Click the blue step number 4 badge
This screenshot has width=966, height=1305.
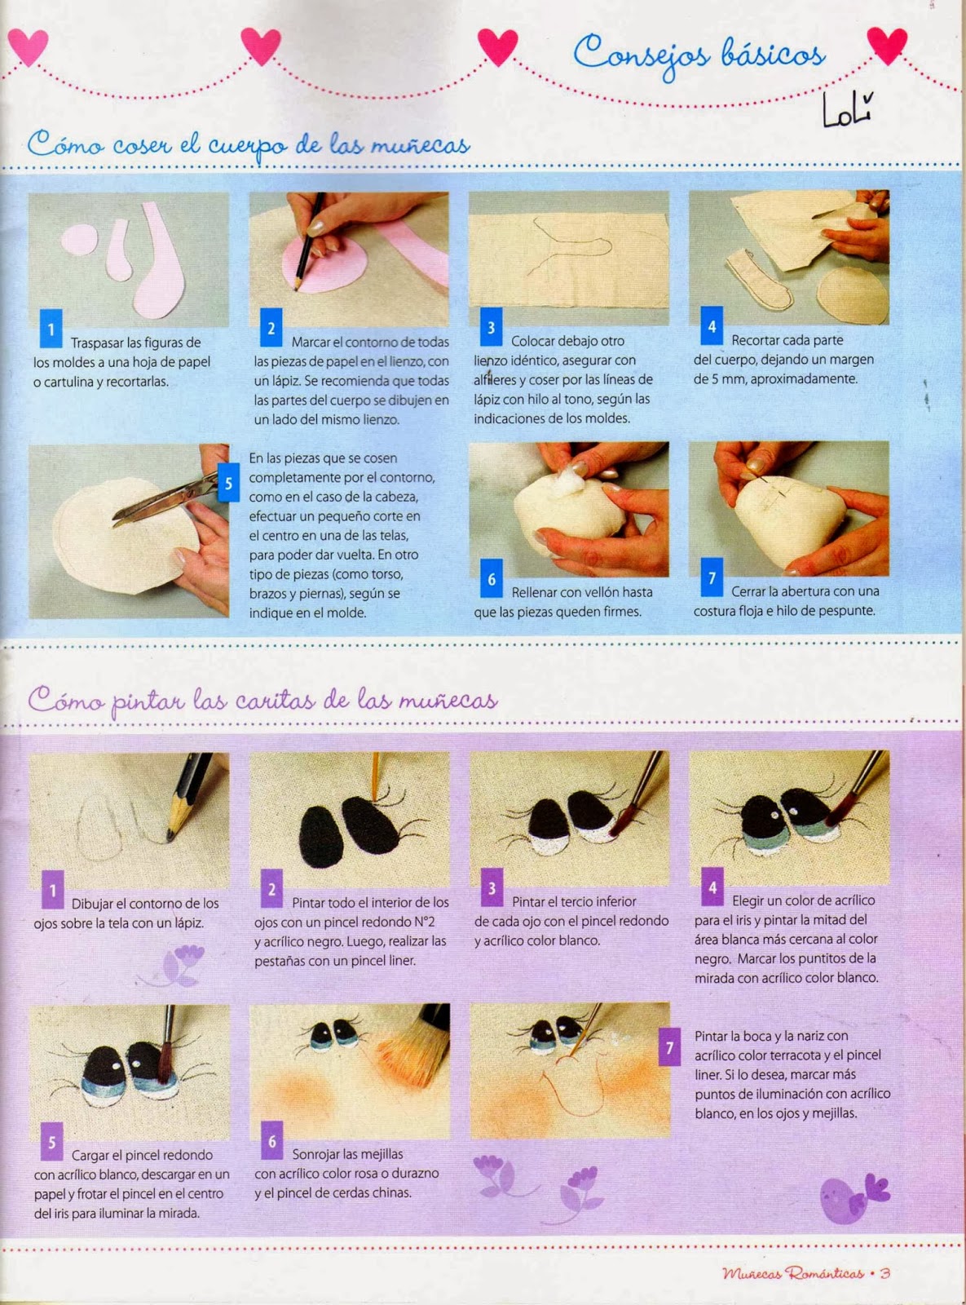(x=712, y=326)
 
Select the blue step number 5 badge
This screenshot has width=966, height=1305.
(x=228, y=483)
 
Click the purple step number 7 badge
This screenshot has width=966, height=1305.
(x=669, y=1048)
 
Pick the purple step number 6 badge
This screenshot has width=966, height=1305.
(x=272, y=1141)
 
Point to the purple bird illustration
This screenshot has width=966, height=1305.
(x=850, y=1197)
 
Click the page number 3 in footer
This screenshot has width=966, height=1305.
(x=885, y=1273)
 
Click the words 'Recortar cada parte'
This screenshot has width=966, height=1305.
(x=787, y=340)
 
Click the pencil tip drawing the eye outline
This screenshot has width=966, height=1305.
(x=170, y=834)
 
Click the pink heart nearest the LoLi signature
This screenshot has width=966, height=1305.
(x=886, y=45)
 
